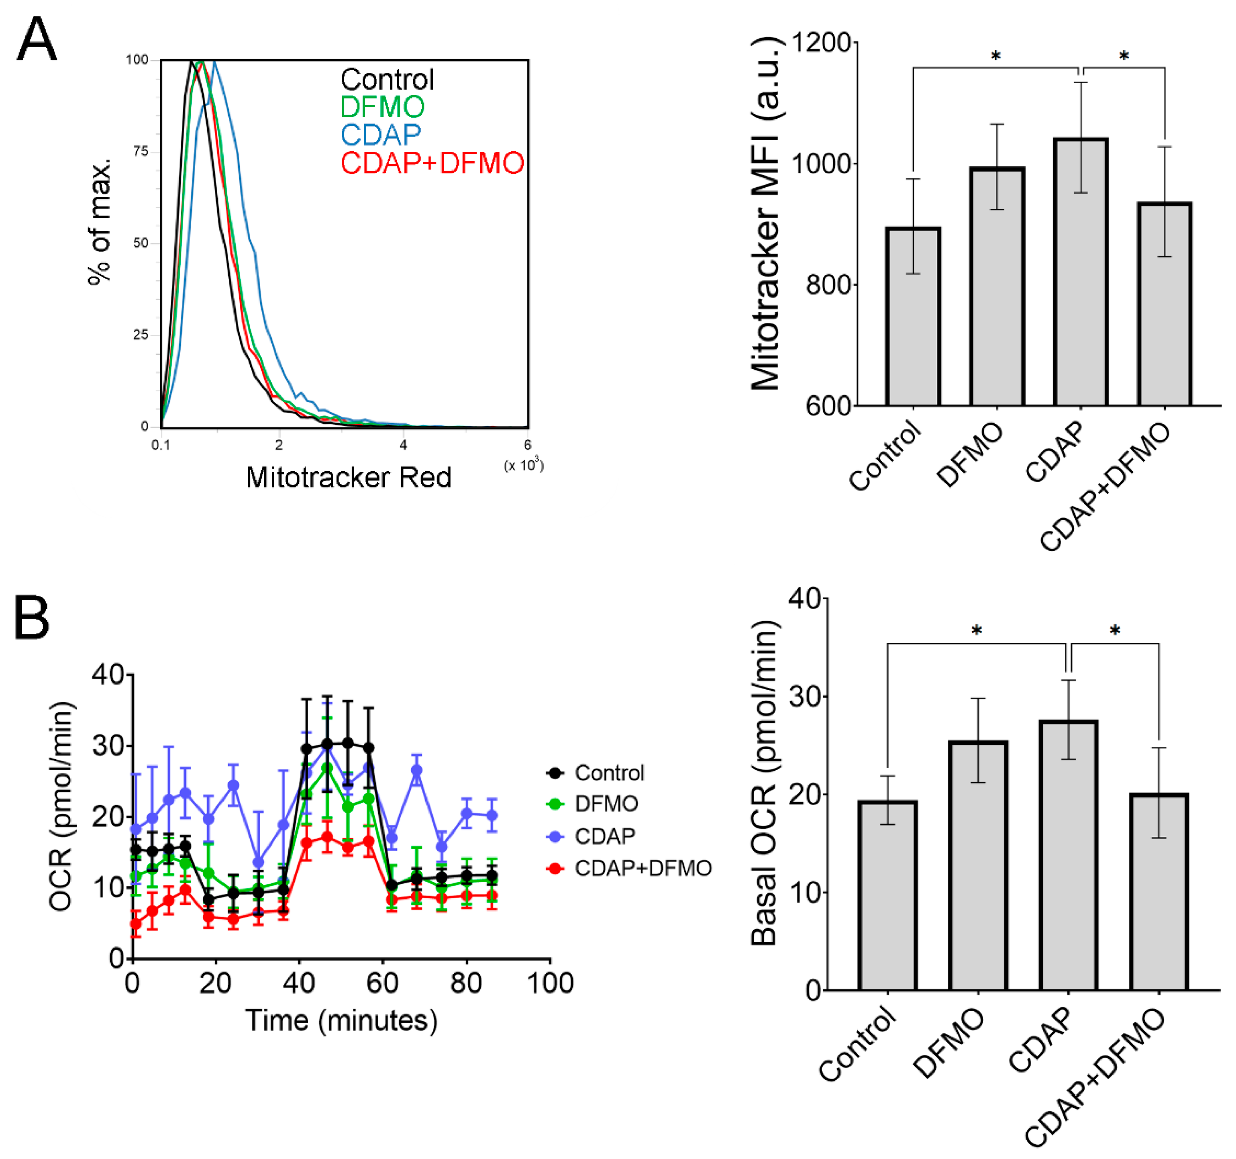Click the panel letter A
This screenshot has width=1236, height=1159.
(37, 39)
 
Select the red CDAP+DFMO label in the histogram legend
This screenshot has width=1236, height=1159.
(432, 163)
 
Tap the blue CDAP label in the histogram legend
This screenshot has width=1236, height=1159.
(381, 134)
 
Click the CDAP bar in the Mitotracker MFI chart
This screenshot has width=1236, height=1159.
(1081, 272)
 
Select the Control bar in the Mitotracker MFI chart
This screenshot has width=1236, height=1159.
(913, 317)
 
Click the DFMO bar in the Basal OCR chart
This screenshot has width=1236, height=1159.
(978, 865)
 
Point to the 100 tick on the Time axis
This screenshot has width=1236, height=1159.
(550, 983)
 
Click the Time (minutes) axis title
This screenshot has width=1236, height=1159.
(341, 1021)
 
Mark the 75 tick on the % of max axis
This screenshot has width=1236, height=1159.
(141, 151)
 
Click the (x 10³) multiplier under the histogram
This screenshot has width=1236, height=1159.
(524, 465)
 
